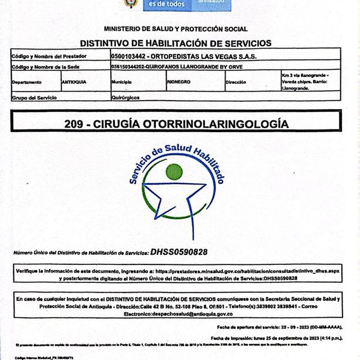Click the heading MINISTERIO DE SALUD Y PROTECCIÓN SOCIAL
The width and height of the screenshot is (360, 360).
[175, 29]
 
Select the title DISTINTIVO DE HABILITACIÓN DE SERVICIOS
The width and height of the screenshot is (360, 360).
[175, 43]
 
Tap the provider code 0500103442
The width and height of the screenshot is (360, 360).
[132, 56]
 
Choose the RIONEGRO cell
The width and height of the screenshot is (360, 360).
[179, 82]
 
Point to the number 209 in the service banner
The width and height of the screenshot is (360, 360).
[74, 123]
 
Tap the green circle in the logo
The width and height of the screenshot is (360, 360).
[174, 171]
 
